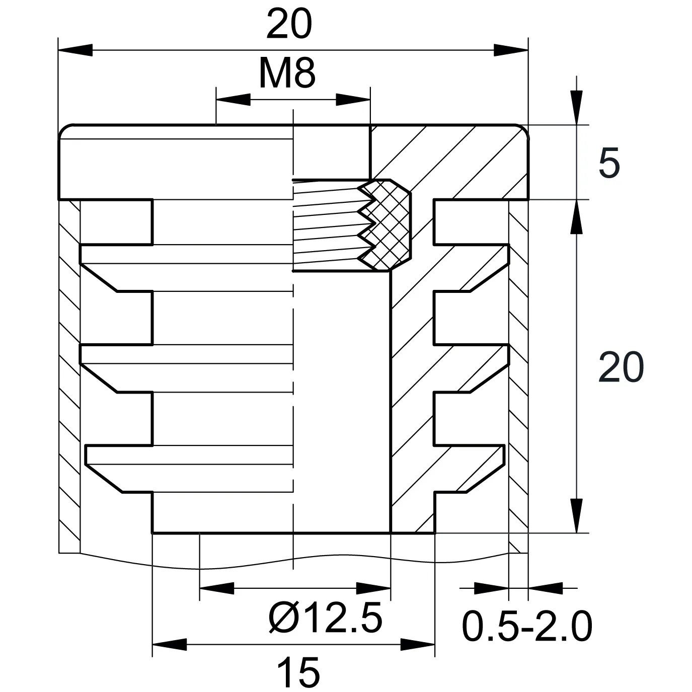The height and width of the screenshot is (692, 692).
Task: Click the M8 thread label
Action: [x=287, y=73]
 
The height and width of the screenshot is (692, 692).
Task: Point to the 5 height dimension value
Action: [x=609, y=163]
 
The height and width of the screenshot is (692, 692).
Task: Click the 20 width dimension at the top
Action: [x=289, y=25]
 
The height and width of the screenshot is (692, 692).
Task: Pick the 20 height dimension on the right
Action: [x=621, y=367]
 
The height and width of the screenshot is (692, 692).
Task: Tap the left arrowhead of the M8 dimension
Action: [x=233, y=100]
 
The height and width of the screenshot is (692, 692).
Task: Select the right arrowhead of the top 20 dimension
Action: [x=511, y=50]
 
